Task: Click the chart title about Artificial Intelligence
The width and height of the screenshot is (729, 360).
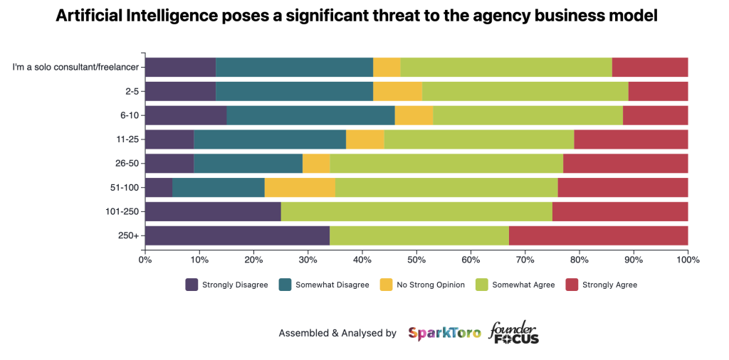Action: (x=364, y=16)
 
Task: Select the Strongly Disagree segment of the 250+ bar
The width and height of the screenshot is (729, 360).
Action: (x=237, y=235)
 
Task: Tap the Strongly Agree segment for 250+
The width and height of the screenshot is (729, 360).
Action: (x=598, y=235)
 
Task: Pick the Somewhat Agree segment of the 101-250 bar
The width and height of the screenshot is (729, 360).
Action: (x=416, y=211)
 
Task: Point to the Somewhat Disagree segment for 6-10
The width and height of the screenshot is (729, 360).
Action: (x=310, y=115)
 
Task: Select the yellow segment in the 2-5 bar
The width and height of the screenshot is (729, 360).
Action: (x=397, y=91)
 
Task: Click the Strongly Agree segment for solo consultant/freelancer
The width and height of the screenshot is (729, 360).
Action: (x=650, y=67)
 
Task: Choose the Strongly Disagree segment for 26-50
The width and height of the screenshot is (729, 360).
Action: (x=169, y=163)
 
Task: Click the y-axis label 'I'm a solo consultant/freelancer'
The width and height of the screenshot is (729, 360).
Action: (x=76, y=68)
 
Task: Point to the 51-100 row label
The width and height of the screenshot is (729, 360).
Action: (x=123, y=187)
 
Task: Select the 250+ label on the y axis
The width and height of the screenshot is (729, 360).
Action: (x=128, y=235)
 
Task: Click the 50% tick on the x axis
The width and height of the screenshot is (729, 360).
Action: (x=416, y=260)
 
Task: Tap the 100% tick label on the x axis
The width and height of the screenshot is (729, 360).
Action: (x=688, y=260)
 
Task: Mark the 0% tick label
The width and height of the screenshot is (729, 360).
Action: (x=145, y=260)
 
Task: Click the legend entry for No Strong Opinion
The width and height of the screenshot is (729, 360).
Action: (x=430, y=285)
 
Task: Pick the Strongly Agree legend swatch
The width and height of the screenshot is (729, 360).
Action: (x=571, y=285)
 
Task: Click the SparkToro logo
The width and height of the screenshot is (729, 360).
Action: (x=444, y=332)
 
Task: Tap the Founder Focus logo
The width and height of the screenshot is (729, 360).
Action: (x=513, y=332)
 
